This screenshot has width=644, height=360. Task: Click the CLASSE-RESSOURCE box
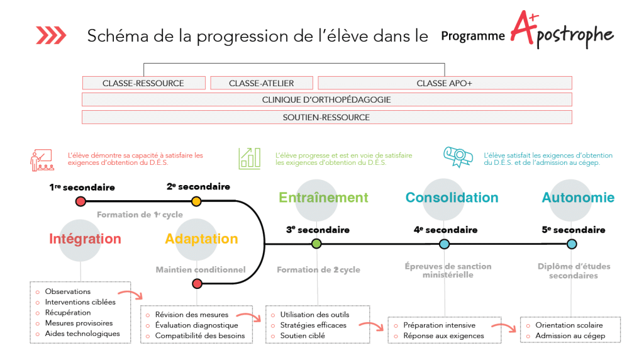coord(144,83)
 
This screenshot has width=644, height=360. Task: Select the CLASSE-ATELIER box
coord(262,83)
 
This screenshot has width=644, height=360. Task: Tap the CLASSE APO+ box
coord(445,83)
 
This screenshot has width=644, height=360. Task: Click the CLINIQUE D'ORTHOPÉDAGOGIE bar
coord(327,100)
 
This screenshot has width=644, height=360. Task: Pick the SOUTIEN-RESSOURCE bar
coord(327,117)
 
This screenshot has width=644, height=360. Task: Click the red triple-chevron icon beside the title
coord(51,35)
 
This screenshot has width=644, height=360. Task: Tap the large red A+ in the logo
coord(525,27)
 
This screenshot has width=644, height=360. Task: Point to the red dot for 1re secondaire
coord(80,201)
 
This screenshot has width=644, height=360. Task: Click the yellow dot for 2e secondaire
coord(196,201)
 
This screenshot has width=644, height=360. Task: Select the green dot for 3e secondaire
coord(316,244)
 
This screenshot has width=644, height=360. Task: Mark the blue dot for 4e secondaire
coord(444,244)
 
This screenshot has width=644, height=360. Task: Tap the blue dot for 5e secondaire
coord(571,244)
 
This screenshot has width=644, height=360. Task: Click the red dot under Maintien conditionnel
coord(197,284)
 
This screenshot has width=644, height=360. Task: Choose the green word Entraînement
coord(323,198)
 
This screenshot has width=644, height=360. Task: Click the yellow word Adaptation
coord(201,239)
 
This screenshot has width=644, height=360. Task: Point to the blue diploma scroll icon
coord(458,157)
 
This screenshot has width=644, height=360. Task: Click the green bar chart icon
coord(249,159)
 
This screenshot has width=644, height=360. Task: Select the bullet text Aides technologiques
coord(82,334)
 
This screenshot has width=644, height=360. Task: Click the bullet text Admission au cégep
coord(570,335)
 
